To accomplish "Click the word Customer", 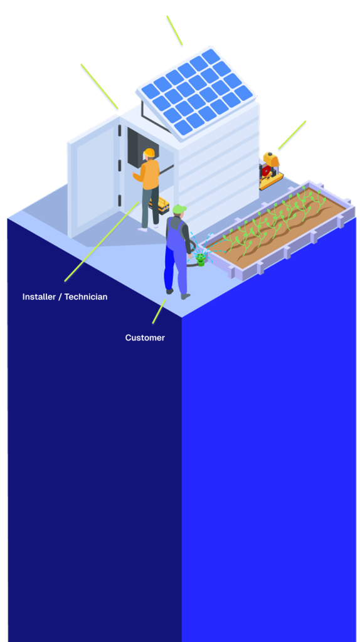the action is tap(145, 338).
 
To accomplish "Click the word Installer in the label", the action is tap(38, 297).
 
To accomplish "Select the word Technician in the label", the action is tap(86, 297).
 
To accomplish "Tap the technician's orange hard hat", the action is tap(149, 153).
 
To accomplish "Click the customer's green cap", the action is tap(179, 209).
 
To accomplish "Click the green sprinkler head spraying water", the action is tap(200, 259).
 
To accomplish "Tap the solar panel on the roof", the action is tap(196, 92).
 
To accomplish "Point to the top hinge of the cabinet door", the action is tap(120, 131).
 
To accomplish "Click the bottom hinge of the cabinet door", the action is tap(120, 201).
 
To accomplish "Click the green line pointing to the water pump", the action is tap(292, 135).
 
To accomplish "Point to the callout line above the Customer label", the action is tap(159, 311).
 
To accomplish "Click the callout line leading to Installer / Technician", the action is tap(102, 241).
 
